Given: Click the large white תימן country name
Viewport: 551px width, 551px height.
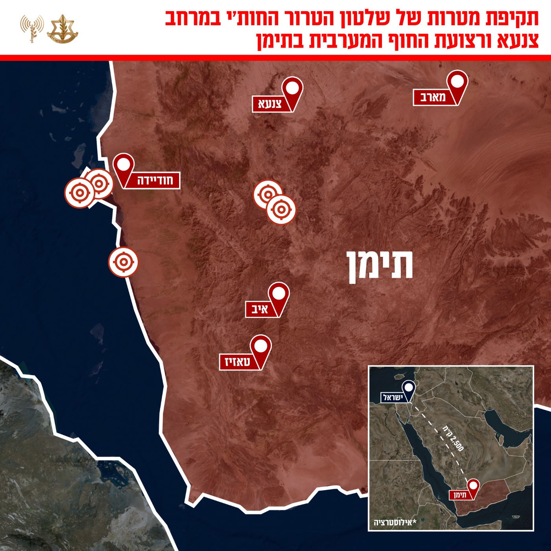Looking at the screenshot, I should point(380,266).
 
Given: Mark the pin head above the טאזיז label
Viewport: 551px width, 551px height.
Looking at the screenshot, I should point(261,346).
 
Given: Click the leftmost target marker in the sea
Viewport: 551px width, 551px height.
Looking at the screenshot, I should point(80,193).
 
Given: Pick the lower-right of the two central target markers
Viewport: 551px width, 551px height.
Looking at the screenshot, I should point(281,209).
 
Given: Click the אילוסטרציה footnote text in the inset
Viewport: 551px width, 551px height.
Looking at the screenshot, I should point(395,523).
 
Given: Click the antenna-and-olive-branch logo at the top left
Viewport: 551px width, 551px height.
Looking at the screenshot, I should point(32,28).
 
